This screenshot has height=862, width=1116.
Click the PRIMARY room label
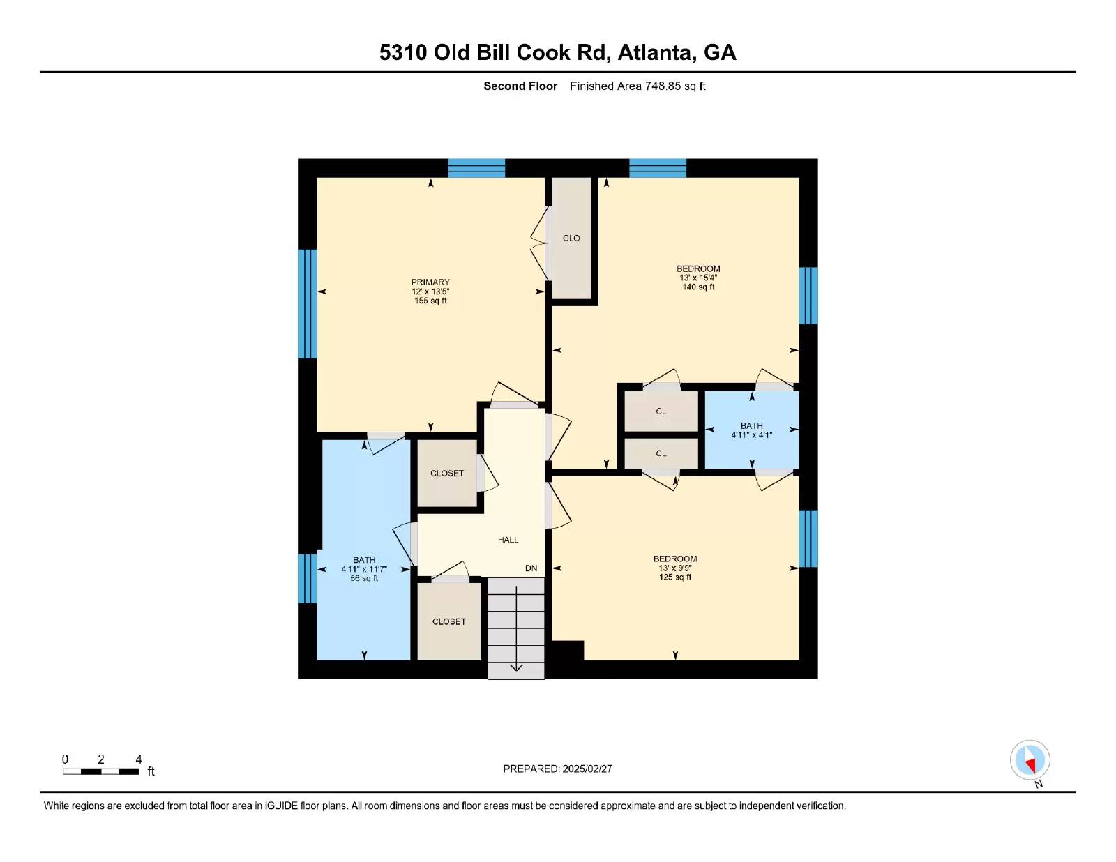[430, 282]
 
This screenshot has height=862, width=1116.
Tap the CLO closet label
[571, 239]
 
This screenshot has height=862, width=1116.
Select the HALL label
[508, 540]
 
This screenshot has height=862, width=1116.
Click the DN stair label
[531, 568]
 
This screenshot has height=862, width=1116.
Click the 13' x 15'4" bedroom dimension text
[698, 278]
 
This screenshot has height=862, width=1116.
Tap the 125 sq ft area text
[675, 577]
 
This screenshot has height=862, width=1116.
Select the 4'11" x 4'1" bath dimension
[751, 435]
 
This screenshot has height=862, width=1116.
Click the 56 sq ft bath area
[364, 578]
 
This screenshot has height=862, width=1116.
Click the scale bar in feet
[101, 771]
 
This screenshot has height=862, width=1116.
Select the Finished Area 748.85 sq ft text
[638, 86]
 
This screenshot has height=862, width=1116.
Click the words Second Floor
[520, 86]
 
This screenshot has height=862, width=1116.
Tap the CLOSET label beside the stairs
[449, 621]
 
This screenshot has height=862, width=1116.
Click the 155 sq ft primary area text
[430, 301]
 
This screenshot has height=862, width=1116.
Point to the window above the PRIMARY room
[476, 168]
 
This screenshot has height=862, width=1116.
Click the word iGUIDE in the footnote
[281, 806]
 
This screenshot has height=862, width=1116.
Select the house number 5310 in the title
[403, 52]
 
